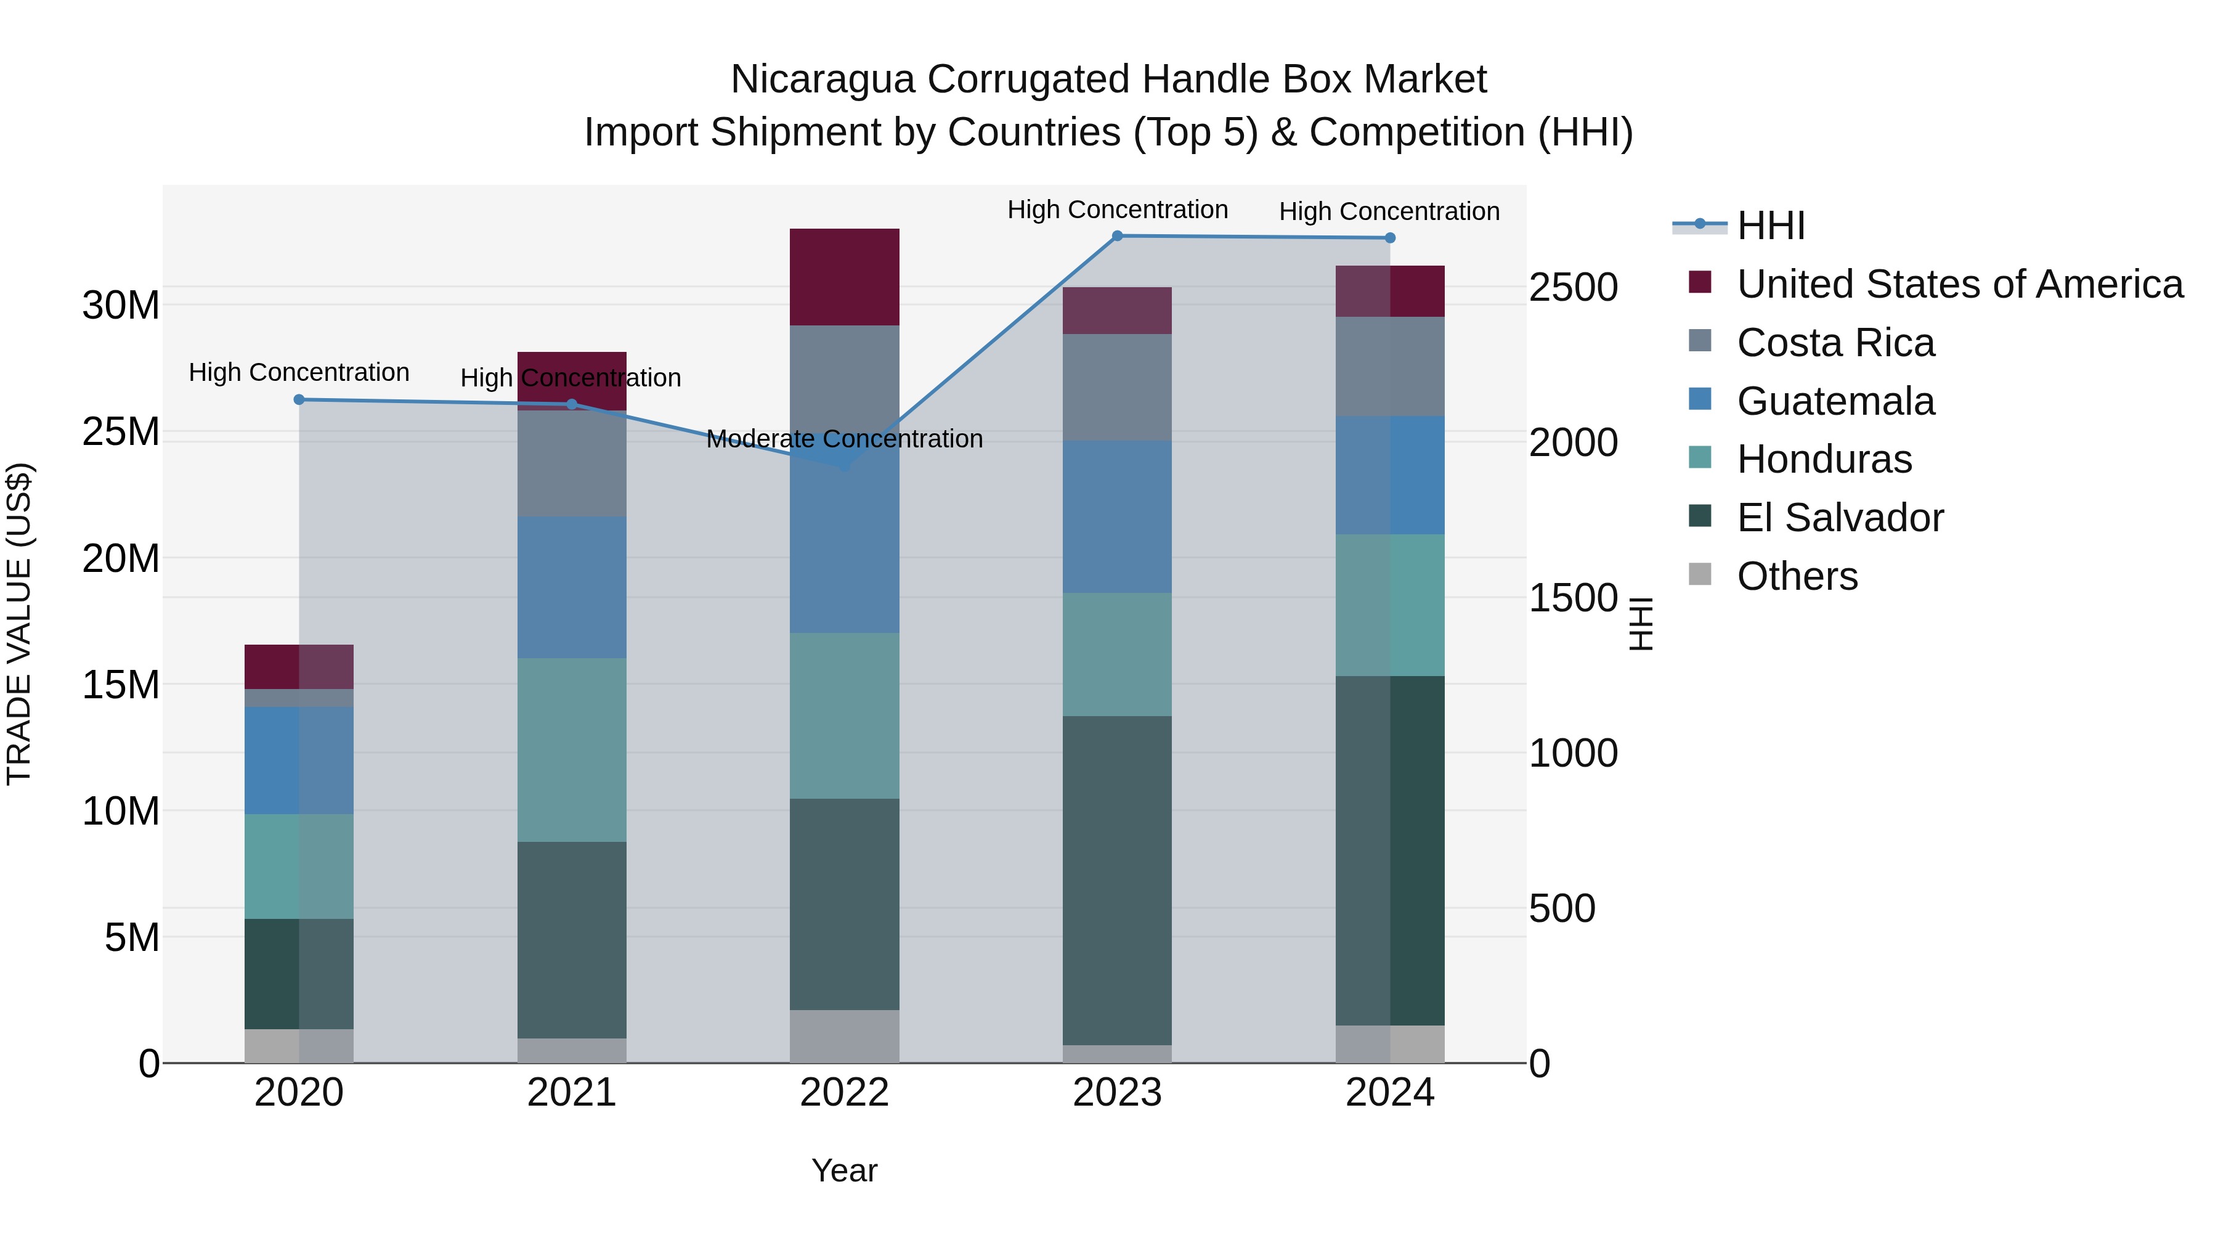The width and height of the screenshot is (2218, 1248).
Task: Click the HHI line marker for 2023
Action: [1117, 236]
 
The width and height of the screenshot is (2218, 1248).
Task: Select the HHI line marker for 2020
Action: [299, 399]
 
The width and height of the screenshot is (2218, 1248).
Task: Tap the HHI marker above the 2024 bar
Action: [1390, 238]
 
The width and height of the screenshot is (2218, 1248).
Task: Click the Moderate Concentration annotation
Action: [844, 439]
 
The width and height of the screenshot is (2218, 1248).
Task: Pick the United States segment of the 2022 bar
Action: [844, 277]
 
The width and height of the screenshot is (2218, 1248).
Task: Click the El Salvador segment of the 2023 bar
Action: [1117, 880]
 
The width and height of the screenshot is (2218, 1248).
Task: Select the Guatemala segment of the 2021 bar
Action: [572, 587]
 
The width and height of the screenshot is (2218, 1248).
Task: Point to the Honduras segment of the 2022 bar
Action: [844, 716]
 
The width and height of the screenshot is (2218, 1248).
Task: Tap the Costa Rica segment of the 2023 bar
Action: [1117, 388]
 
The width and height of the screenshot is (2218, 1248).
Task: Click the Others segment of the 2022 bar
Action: [844, 1036]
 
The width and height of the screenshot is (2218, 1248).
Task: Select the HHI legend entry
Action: [1770, 226]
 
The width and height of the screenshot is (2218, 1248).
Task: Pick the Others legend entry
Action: [1797, 576]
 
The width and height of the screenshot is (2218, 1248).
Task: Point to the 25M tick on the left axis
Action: [121, 431]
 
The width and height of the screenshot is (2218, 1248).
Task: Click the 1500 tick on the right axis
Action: [1573, 598]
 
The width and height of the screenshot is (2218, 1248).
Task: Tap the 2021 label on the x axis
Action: [572, 1093]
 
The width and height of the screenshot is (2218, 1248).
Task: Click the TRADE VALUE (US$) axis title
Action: [20, 624]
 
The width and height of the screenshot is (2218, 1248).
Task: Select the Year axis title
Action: [844, 1170]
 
